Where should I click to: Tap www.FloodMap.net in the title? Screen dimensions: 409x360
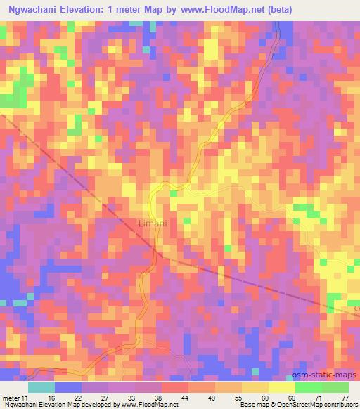[x=220, y=9]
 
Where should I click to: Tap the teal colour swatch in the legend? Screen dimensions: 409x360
[x=41, y=387]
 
